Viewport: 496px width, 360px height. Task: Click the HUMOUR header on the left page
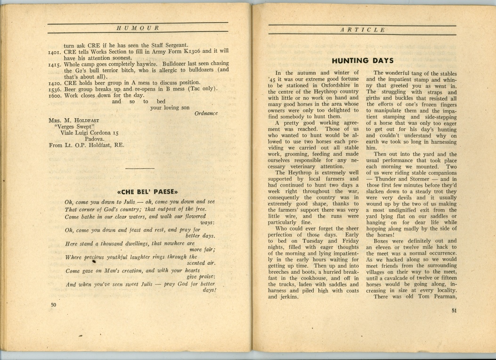[137, 28]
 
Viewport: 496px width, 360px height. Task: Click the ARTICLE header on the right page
[362, 30]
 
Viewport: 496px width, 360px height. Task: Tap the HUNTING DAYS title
[362, 60]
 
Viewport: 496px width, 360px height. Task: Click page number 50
[53, 305]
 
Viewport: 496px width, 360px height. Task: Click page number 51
[454, 310]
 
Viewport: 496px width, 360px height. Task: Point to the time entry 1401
[56, 51]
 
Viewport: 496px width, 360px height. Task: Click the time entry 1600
[56, 95]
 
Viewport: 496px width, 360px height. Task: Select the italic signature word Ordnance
[206, 114]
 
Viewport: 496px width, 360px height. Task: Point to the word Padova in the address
[95, 139]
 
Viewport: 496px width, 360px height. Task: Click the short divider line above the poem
[140, 168]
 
